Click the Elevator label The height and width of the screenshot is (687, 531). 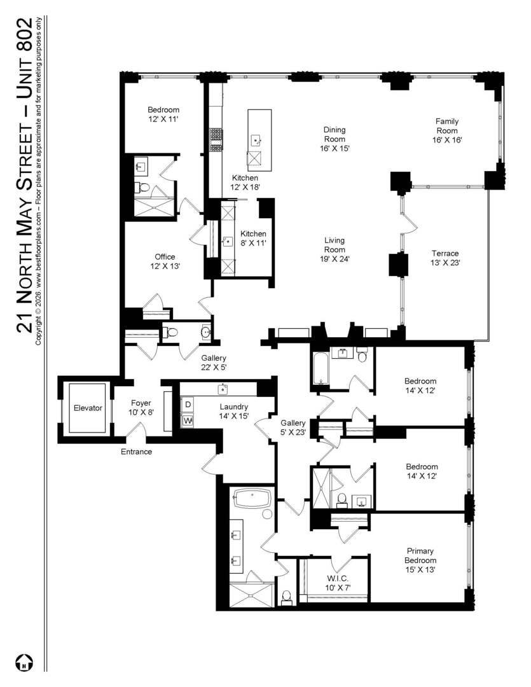click(87, 408)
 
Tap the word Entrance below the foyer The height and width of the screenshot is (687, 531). click(137, 452)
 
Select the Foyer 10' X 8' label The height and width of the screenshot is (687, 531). click(141, 407)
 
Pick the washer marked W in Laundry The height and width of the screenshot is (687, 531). click(188, 420)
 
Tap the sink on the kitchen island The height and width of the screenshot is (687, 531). click(256, 139)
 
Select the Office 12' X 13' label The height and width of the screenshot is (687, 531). click(165, 262)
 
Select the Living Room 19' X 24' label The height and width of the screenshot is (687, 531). click(334, 249)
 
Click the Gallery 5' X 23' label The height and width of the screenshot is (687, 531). click(293, 427)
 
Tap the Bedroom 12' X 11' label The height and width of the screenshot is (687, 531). click(163, 113)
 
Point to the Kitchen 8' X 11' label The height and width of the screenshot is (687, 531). click(253, 238)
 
